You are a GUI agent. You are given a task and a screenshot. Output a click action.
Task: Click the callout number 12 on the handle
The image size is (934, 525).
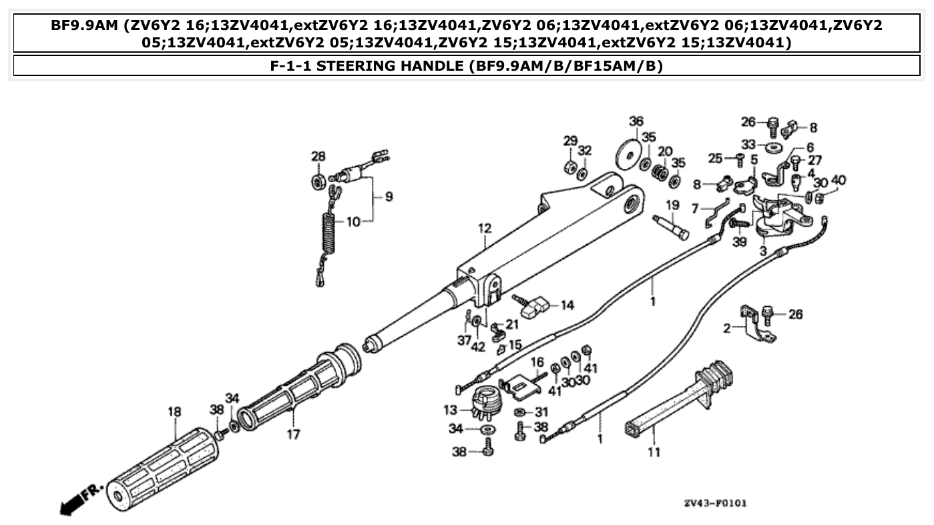click(x=484, y=229)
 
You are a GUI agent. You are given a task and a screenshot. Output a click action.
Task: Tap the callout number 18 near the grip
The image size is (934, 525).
click(x=174, y=412)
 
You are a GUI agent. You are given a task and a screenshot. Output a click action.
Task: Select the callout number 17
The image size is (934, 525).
click(x=293, y=435)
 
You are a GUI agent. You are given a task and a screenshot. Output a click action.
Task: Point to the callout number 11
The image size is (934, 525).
click(x=654, y=452)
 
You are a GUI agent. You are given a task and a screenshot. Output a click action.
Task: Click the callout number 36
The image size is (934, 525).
click(x=636, y=121)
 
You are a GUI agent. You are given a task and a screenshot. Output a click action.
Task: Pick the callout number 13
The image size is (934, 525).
click(x=451, y=409)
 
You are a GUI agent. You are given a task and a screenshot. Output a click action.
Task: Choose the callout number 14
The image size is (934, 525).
click(x=567, y=306)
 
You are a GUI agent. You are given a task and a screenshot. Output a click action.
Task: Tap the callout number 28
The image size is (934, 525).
click(x=318, y=156)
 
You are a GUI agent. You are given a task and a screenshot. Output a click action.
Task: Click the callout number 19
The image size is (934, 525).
click(x=672, y=205)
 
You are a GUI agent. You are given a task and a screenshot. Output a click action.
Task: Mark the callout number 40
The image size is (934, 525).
click(x=839, y=179)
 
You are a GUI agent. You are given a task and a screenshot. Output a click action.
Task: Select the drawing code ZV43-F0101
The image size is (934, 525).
click(x=714, y=502)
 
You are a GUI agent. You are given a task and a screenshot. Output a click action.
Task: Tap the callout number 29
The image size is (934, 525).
click(x=569, y=141)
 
